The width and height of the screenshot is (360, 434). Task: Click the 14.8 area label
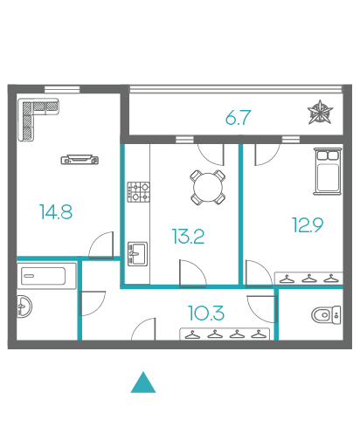pos(56,211)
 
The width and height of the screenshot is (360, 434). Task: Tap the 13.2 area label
pos(188,236)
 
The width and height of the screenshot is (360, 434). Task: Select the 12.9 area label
pos(308,224)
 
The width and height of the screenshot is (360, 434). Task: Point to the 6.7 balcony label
pos(238,117)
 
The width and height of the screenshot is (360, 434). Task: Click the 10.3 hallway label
pos(206,313)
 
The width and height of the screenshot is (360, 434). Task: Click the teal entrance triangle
pos(143,382)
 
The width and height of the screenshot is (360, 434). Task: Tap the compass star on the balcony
pos(320,112)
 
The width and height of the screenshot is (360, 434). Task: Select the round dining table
pos(208,187)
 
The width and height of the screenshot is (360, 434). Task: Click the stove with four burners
pos(139,192)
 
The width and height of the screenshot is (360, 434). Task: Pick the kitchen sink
pos(137,254)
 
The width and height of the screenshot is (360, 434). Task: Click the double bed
pos(328,171)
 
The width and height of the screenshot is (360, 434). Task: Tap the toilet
pos(326,314)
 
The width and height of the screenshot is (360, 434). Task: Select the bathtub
pos(46,276)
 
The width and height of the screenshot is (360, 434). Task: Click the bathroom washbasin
pos(24,307)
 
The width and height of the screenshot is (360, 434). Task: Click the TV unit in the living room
pos(80,160)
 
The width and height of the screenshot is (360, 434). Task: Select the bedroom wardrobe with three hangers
pos(308,279)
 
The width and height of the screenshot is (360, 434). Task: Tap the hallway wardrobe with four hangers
pos(225,334)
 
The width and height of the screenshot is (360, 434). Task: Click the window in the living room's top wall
pos(62,89)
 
